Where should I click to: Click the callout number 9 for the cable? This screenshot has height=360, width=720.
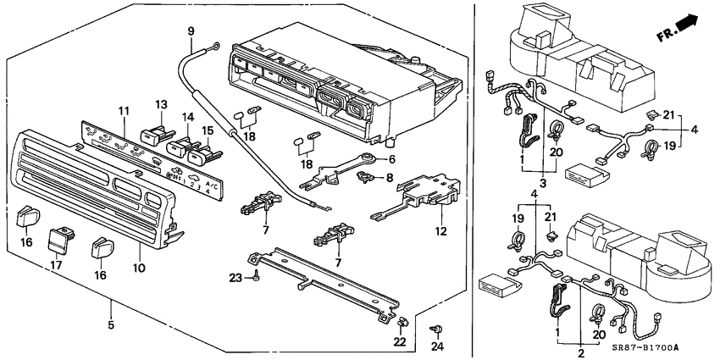pyautogui.click(x=191, y=31)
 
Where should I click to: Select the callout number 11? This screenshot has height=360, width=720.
pyautogui.click(x=123, y=112)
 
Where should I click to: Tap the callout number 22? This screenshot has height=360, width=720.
pyautogui.click(x=400, y=341)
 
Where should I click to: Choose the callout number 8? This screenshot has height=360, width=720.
pyautogui.click(x=390, y=178)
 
